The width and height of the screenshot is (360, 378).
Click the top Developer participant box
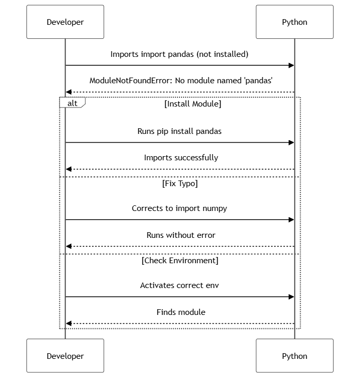pyautogui.click(x=65, y=22)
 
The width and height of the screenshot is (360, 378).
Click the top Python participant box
pyautogui.click(x=294, y=22)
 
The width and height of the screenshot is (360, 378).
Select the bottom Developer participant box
pyautogui.click(x=65, y=356)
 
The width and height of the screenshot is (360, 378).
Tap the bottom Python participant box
pyautogui.click(x=294, y=356)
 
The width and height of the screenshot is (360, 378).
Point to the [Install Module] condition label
pyautogui.click(x=192, y=104)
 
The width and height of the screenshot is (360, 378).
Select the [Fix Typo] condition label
pyautogui.click(x=180, y=184)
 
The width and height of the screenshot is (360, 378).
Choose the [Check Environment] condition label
pyautogui.click(x=180, y=261)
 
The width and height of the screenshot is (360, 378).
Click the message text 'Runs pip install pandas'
pyautogui.click(x=179, y=131)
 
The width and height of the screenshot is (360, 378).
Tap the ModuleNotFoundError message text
pyautogui.click(x=181, y=81)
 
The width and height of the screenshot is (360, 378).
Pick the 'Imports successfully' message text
pyautogui.click(x=181, y=158)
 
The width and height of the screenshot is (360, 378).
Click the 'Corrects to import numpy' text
pyautogui.click(x=179, y=208)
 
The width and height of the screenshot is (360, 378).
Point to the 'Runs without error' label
pyautogui.click(x=181, y=235)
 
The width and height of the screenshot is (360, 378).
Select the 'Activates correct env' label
pyautogui.click(x=179, y=285)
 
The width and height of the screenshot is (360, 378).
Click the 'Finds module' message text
pyautogui.click(x=181, y=312)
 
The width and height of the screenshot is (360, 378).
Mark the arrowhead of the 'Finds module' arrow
pyautogui.click(x=69, y=324)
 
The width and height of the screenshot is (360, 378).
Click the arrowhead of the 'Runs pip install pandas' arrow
pyautogui.click(x=291, y=143)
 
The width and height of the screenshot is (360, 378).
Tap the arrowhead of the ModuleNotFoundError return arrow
pyautogui.click(x=69, y=92)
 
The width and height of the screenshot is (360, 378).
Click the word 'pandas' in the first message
pyautogui.click(x=181, y=54)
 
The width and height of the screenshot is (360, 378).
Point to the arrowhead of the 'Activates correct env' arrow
pyautogui.click(x=291, y=297)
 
